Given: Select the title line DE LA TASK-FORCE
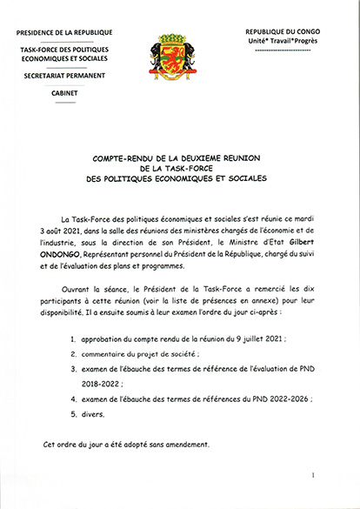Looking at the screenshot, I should pos(180,169).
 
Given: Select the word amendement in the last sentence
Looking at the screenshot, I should pos(184,445).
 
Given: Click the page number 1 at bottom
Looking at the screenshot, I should pos(310,475).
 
